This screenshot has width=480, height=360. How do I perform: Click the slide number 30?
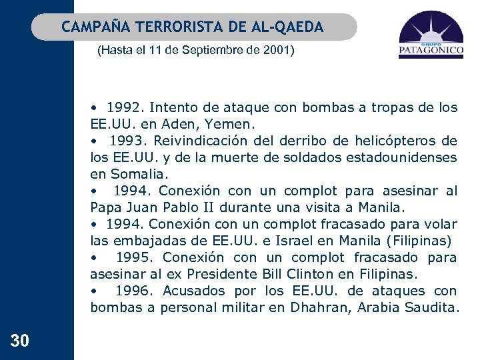pyautogui.click(x=20, y=341)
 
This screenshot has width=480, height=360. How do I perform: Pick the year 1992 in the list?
pyautogui.click(x=124, y=107)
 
